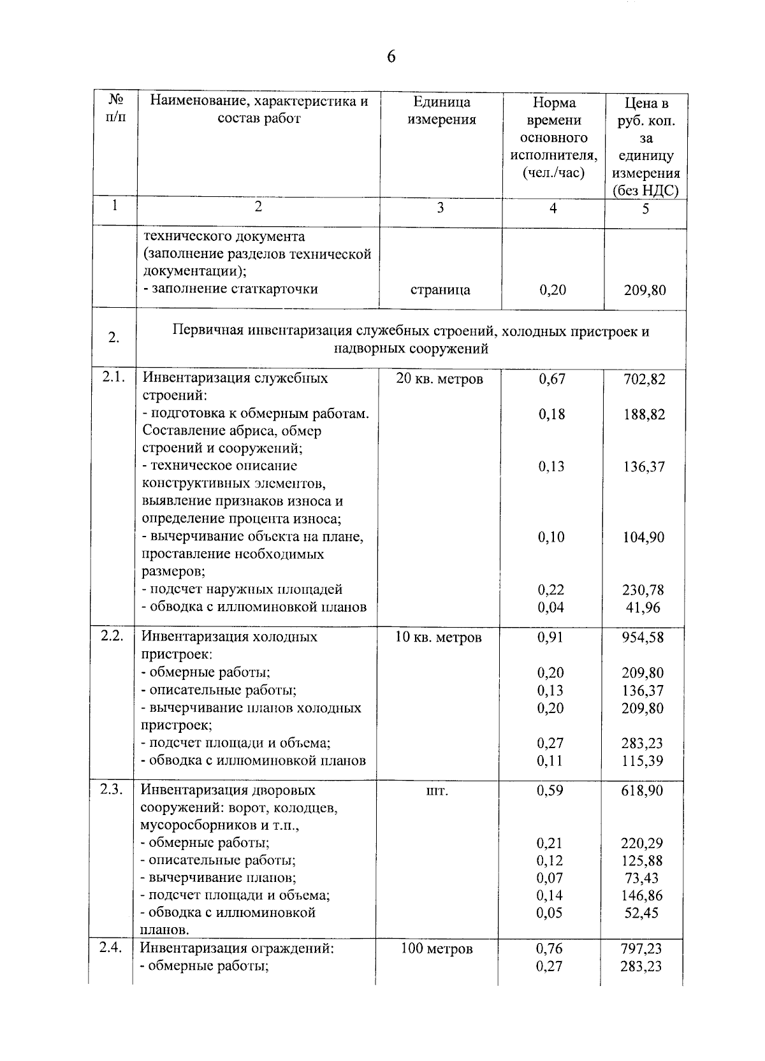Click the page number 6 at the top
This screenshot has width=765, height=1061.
391,57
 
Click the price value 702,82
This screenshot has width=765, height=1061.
644,379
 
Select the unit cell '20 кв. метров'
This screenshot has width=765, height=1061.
439,379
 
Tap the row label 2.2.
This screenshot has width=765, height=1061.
112,636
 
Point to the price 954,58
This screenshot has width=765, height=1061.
643,637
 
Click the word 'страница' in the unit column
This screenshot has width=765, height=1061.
440,290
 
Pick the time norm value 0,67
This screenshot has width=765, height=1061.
551,379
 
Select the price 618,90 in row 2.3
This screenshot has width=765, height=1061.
642,791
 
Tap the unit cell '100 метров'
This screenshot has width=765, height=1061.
437,949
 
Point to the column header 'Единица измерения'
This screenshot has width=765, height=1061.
441,111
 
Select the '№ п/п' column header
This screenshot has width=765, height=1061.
115,110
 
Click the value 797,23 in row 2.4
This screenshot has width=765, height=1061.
641,949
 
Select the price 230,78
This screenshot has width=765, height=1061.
643,590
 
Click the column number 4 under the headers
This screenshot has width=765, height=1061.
553,208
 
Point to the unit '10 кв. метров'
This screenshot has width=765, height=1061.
438,637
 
